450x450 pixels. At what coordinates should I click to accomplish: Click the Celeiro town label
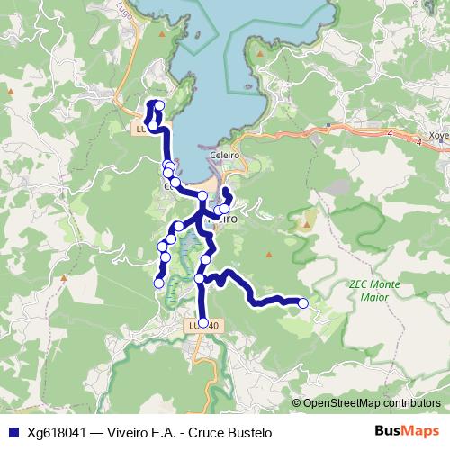coord(223,155)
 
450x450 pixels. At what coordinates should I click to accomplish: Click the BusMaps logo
coord(406,433)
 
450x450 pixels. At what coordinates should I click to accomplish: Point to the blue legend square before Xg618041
coord(13,433)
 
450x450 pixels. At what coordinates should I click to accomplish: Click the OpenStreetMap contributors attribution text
coord(371,403)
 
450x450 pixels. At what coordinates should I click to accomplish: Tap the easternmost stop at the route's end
coord(303,303)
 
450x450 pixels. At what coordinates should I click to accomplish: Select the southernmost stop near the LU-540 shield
coord(202,322)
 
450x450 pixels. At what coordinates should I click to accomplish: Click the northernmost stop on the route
coord(159,106)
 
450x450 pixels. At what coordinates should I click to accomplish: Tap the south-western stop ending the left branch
coord(159,283)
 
